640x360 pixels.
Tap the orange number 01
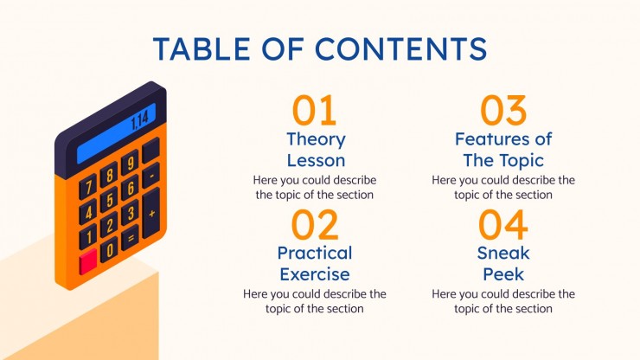314,111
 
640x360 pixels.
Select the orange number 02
314,225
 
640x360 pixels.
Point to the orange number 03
503,111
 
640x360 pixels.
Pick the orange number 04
503,225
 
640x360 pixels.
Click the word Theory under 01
316,139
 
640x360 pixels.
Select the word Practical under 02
315,254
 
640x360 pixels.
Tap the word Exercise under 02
315,274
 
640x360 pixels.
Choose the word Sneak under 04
503,254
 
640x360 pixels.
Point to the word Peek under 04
503,274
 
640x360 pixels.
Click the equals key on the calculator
131,235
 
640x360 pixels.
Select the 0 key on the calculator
110,250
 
